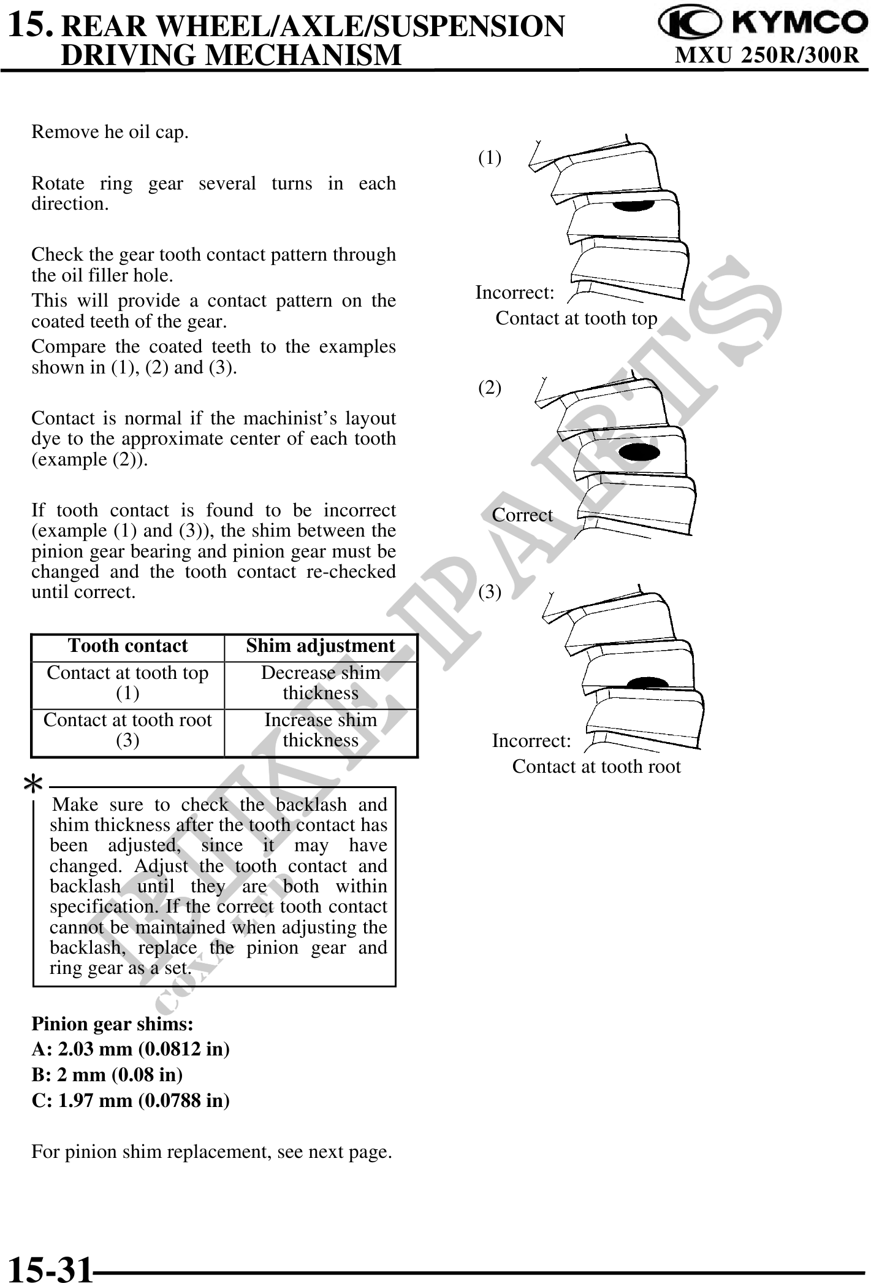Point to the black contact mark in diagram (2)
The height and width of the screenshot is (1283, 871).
point(639,452)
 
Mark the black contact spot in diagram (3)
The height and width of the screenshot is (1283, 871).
point(648,684)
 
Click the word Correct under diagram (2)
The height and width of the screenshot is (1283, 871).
point(522,515)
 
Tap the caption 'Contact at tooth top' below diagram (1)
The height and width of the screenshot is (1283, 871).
point(576,318)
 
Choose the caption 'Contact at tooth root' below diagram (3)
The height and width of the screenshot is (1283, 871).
point(596,767)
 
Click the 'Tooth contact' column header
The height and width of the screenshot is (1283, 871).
point(127,646)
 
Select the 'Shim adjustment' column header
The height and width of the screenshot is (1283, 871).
point(321,646)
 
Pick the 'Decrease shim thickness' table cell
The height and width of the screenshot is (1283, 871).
point(321,683)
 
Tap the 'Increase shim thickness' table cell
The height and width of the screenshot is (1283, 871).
point(321,730)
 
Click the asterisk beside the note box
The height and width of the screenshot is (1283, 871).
point(34,783)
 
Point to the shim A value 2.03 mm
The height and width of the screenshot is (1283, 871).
point(131,1049)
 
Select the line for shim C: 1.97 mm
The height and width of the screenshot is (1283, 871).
point(131,1101)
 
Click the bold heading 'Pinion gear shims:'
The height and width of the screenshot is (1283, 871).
point(113,1024)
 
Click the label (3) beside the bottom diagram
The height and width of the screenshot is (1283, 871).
point(489,592)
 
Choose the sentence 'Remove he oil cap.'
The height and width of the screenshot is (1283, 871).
point(110,132)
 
